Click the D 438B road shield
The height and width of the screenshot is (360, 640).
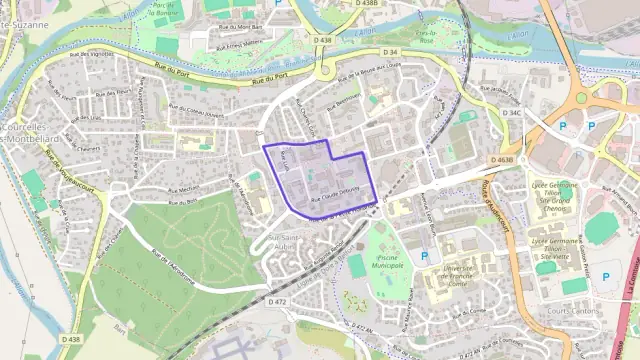pyautogui.click(x=368, y=4)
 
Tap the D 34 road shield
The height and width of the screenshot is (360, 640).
pyautogui.click(x=390, y=51)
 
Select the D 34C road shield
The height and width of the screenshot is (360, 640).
pyautogui.click(x=515, y=113)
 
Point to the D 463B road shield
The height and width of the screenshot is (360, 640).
pyautogui.click(x=502, y=159)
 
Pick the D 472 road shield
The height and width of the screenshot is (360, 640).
pyautogui.click(x=277, y=301)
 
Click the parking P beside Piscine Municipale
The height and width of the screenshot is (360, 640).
pyautogui.click(x=425, y=256)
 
